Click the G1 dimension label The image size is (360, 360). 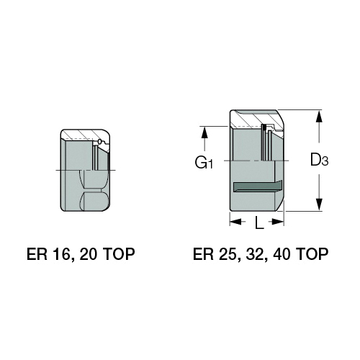click(204, 163)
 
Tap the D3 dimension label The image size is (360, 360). click(319, 160)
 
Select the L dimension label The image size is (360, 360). click(259, 222)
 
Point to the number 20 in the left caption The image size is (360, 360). click(89, 254)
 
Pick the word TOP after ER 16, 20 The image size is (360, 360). click(119, 254)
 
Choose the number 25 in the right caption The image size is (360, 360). click(228, 254)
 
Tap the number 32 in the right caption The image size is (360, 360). click(255, 254)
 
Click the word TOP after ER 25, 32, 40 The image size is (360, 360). click(312, 254)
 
